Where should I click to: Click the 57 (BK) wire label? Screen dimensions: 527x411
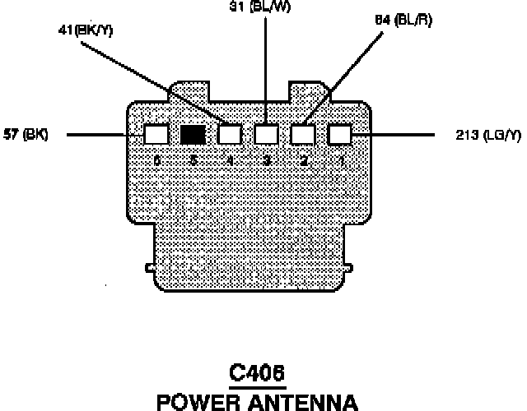[26, 135]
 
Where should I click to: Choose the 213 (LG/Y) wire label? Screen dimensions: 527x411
[485, 135]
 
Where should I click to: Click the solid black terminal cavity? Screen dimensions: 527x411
[193, 134]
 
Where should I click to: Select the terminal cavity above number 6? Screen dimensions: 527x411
[156, 134]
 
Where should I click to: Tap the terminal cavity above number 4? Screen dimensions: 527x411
[230, 134]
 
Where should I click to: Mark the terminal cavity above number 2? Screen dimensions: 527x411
[303, 134]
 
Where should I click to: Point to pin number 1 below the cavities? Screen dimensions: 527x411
[341, 160]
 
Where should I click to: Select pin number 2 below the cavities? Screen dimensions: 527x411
[304, 160]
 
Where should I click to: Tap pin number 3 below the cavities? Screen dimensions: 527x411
[267, 160]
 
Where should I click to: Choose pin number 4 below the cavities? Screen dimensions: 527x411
[231, 160]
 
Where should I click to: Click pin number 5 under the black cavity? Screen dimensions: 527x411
[194, 160]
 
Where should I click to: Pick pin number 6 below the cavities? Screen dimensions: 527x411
[156, 160]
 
